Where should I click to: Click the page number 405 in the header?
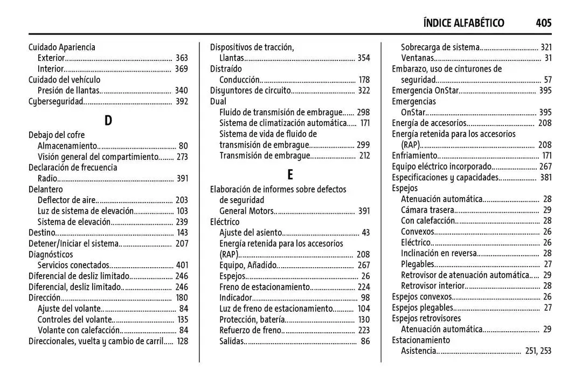(x=543, y=23)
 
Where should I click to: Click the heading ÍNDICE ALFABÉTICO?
(x=464, y=23)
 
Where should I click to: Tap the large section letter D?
(x=108, y=120)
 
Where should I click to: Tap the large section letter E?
(x=290, y=174)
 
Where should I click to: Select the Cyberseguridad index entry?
(x=56, y=101)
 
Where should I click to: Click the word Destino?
(x=42, y=233)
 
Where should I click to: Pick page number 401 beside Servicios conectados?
(x=182, y=265)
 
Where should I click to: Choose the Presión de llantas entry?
(x=68, y=90)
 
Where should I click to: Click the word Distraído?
(x=226, y=69)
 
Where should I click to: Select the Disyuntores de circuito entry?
(x=250, y=90)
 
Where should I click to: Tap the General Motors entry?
(x=246, y=211)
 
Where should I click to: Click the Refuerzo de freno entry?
(x=251, y=330)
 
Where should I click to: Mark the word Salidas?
(x=232, y=341)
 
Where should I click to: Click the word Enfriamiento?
(x=414, y=156)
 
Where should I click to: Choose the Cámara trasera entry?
(x=427, y=210)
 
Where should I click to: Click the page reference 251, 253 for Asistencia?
(x=538, y=351)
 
